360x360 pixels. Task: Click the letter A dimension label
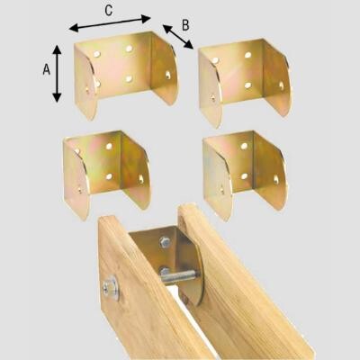[47, 70]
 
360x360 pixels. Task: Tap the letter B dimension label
[185, 25]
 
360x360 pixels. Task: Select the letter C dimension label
[109, 11]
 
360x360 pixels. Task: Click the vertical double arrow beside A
[57, 74]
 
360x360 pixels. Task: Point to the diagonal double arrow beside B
[178, 37]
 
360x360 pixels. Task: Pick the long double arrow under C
[110, 23]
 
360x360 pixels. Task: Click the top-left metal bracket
[126, 74]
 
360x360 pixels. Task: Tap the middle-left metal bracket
[106, 174]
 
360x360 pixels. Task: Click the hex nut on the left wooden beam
[111, 289]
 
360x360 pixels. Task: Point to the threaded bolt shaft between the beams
[179, 276]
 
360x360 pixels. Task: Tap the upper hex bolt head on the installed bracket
[165, 242]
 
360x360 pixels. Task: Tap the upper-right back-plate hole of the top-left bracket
[129, 49]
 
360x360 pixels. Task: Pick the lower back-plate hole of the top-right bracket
[247, 85]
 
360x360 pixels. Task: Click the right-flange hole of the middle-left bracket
[141, 179]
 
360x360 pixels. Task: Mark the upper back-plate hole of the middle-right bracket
[244, 146]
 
